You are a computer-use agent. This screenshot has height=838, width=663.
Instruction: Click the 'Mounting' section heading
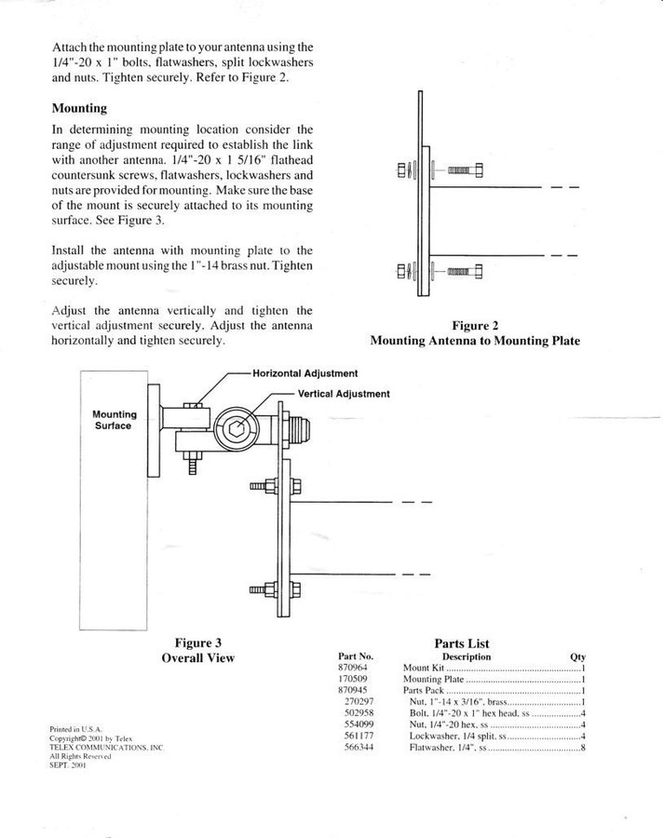(x=79, y=108)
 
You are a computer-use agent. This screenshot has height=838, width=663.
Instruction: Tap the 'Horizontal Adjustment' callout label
(x=305, y=373)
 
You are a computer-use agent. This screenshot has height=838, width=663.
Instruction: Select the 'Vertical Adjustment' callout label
(x=344, y=394)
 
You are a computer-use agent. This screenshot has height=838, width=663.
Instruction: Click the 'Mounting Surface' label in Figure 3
(x=114, y=420)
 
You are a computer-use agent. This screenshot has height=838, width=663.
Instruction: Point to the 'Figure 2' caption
(x=475, y=326)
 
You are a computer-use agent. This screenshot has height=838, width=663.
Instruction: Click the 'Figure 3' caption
(x=197, y=642)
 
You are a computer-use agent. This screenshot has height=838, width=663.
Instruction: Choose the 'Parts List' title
(x=462, y=643)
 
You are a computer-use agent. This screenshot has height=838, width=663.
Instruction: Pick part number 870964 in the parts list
(x=352, y=668)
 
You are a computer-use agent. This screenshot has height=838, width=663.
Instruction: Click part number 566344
(x=359, y=747)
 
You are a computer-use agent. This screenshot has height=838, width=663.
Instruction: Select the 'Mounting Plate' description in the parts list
(x=433, y=680)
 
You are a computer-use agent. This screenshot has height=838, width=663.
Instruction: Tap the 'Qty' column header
(x=578, y=656)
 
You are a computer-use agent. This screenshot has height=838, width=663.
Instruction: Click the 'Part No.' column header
(x=356, y=656)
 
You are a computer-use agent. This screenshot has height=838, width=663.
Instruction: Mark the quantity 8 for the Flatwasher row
(x=583, y=747)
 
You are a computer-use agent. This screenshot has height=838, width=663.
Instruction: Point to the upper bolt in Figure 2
(x=466, y=170)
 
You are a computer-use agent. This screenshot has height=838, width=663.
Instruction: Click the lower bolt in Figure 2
(x=466, y=272)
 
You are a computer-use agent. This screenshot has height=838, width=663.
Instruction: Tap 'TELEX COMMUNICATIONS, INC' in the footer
(x=106, y=748)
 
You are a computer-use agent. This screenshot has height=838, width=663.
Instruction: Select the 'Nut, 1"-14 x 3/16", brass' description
(x=458, y=702)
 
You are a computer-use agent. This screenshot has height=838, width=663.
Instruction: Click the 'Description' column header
(x=467, y=656)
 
